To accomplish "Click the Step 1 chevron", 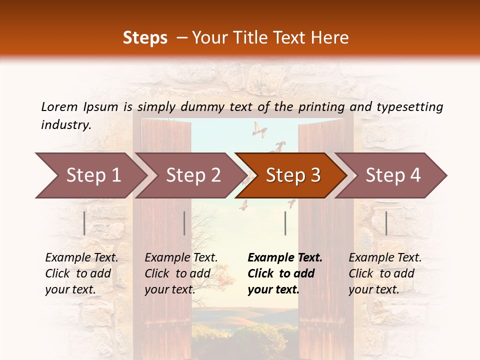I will (90, 175).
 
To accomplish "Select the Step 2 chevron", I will (190, 175).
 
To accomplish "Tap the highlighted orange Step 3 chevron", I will (290, 175).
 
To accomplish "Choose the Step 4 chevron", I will (390, 175).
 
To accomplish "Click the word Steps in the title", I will (145, 38).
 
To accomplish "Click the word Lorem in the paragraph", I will (59, 106).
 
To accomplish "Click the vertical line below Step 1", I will (84, 223).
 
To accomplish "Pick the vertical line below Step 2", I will (184, 223).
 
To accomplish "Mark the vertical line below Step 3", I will (285, 223).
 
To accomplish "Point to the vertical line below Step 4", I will (386, 223).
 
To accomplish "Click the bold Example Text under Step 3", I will (285, 258).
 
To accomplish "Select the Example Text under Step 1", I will (81, 258).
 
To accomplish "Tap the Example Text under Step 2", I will (181, 258).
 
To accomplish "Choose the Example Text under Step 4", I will (385, 258).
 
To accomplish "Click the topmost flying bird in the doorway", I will (259, 129).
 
